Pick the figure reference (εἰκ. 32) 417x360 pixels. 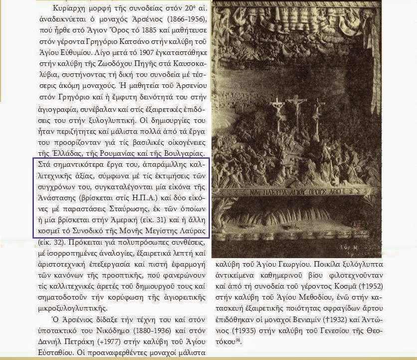click(x=51, y=242)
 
